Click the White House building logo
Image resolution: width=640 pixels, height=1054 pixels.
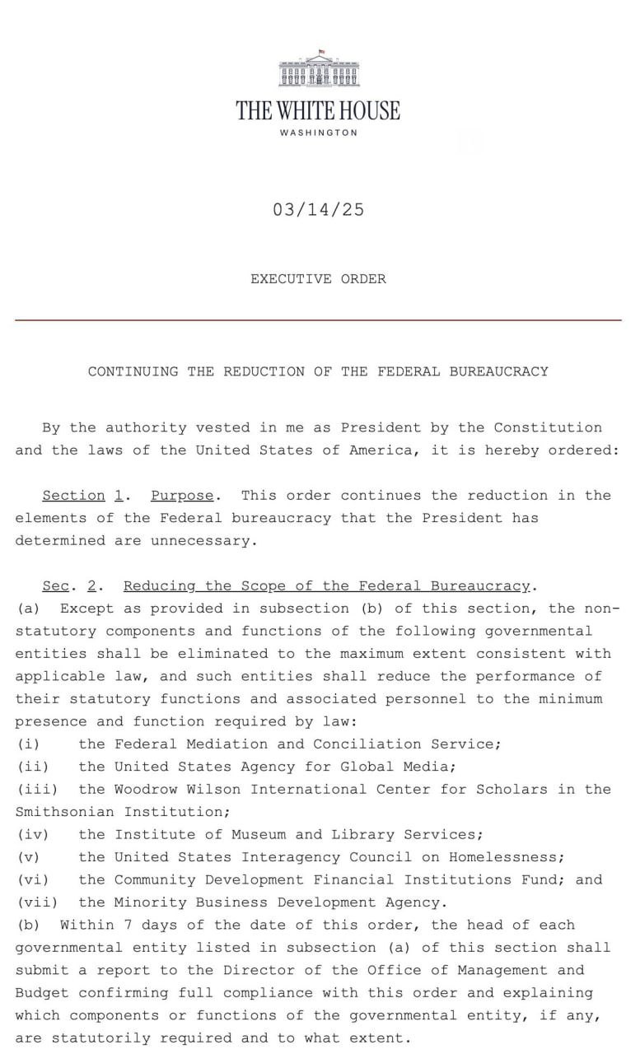[x=319, y=70]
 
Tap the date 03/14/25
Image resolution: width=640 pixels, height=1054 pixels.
[x=318, y=210]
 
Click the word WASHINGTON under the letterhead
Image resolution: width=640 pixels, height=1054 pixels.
[x=319, y=133]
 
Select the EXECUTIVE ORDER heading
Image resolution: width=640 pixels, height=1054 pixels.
[x=318, y=279]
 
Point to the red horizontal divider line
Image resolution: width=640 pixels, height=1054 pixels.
[x=318, y=319]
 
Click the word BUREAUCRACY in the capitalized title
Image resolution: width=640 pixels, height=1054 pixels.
[x=498, y=371]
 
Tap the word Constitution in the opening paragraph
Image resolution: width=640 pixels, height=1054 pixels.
[x=548, y=427]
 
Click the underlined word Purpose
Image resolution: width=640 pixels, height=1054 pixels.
[x=182, y=496]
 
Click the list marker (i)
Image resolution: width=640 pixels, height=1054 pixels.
[x=29, y=744]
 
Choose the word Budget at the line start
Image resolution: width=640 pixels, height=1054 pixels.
[x=41, y=993]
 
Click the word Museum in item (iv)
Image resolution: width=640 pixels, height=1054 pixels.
[x=259, y=835]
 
